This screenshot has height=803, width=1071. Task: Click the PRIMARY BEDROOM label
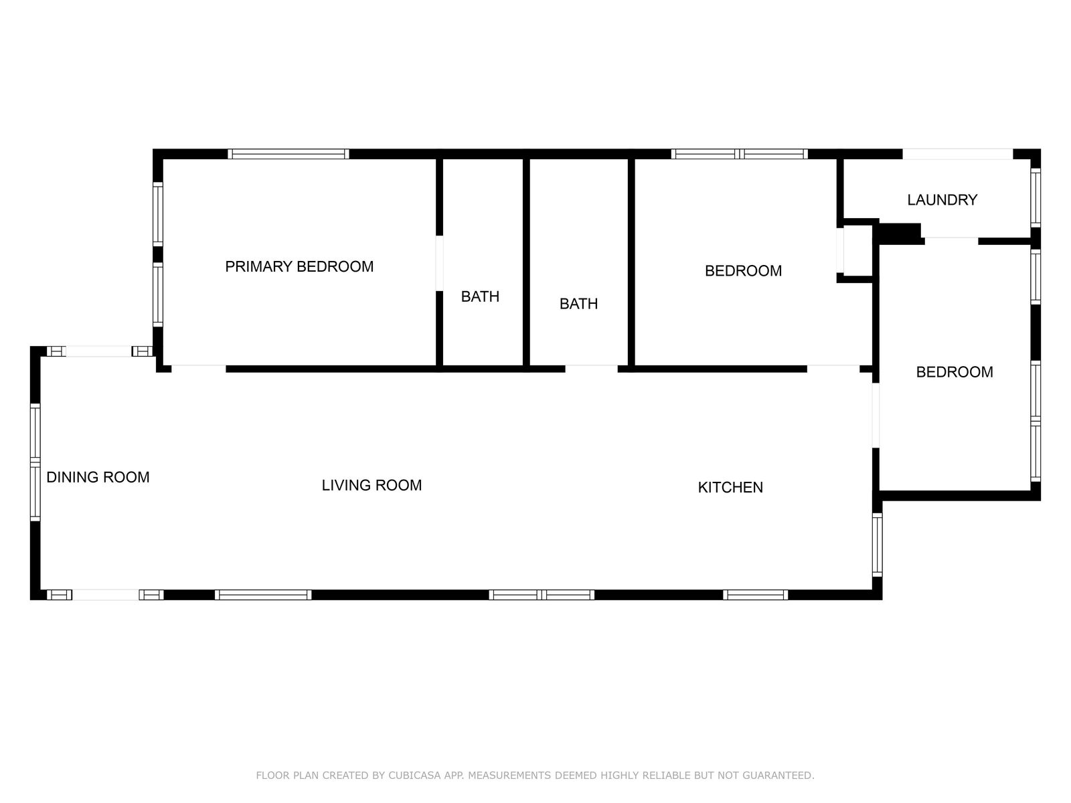[299, 267]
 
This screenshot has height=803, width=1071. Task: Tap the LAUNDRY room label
[942, 200]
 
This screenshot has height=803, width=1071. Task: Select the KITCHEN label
[730, 488]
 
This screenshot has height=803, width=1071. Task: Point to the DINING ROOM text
[98, 477]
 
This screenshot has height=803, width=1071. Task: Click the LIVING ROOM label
[372, 485]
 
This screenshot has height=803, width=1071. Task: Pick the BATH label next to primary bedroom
[480, 296]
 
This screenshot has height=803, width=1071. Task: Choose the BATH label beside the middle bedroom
[578, 304]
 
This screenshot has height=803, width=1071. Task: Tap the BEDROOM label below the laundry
[955, 372]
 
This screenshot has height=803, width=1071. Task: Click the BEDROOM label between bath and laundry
[743, 270]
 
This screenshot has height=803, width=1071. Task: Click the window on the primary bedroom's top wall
[289, 154]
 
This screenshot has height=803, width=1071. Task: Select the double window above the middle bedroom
[739, 154]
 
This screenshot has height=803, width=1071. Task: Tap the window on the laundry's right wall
[1036, 198]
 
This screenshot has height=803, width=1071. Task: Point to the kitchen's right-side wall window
[877, 545]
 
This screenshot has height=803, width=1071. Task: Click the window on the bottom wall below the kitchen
[755, 595]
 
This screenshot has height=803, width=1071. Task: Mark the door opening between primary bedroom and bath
[439, 263]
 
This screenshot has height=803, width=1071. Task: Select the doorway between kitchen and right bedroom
[876, 416]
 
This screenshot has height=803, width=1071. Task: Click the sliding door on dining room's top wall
[100, 351]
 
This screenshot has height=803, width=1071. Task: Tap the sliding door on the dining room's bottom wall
[105, 595]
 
